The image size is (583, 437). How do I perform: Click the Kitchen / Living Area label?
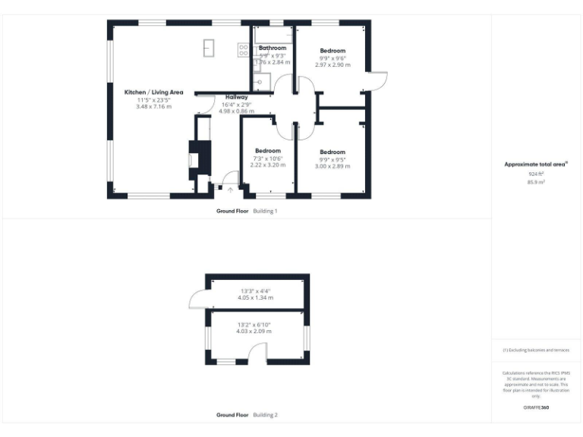[x=154, y=93]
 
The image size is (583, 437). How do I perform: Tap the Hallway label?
[x=235, y=97]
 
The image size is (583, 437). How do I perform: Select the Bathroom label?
[x=273, y=48]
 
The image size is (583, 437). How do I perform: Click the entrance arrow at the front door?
[x=230, y=190]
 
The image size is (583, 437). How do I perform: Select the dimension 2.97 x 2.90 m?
[x=332, y=65]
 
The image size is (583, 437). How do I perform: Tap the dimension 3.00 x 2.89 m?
[x=332, y=165]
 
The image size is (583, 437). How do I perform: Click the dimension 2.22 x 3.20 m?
[x=268, y=165]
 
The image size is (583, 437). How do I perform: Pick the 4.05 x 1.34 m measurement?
[x=256, y=297]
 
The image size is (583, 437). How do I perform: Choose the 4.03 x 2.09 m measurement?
[x=254, y=332]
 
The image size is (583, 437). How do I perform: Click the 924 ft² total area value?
[x=537, y=174]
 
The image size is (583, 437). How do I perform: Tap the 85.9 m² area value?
[x=537, y=182]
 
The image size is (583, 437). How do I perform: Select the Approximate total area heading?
[x=536, y=164]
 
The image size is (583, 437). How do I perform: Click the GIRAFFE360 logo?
[x=536, y=408]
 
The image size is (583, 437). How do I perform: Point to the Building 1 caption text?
[x=265, y=210]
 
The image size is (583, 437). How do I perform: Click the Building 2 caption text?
[x=265, y=415]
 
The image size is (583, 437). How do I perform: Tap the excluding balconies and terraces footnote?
[x=536, y=350]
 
